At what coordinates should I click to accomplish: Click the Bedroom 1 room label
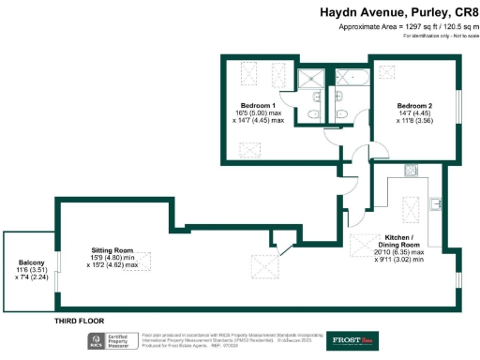tap(257, 105)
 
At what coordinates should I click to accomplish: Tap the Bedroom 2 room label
tap(413, 105)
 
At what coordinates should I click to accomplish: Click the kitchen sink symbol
tap(434, 203)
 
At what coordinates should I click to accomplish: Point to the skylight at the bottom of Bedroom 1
tap(249, 148)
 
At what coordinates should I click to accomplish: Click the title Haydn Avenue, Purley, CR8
tap(398, 11)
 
